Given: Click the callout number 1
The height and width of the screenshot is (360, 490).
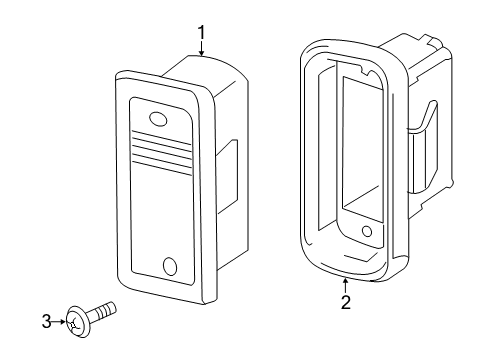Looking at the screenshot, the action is point(201,32).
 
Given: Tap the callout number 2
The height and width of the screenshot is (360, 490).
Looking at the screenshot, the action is point(346,302).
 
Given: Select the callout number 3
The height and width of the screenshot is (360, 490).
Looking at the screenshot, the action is point(47,322).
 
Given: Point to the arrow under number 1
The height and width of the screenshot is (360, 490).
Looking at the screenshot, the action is point(201,48).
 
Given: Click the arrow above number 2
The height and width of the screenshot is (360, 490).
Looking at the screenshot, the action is point(346,286).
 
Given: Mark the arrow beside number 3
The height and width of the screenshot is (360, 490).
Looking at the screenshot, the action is point(59,322).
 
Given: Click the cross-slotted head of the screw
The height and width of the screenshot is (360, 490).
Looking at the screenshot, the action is point(77,322).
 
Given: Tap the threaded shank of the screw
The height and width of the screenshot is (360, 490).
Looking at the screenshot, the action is point(103,311).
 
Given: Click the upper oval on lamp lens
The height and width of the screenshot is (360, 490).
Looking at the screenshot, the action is point(158,119).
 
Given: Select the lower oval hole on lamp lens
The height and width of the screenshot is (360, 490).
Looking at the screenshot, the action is point(170,266).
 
